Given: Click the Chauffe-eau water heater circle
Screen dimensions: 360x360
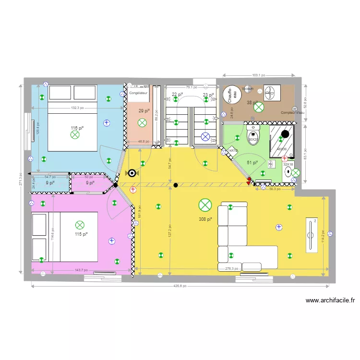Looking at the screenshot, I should (x=230, y=95).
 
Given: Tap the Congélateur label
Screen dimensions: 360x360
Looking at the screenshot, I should (x=138, y=93).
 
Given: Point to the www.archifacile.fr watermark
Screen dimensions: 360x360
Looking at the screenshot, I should (x=330, y=301).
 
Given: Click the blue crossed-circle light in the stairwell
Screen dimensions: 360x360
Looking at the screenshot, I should (x=205, y=137).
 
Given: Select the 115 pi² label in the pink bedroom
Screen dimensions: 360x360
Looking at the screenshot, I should (x=81, y=234).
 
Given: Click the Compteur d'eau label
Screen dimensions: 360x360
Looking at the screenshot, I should (x=293, y=113).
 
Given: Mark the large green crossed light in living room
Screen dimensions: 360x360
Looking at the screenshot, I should (x=205, y=205).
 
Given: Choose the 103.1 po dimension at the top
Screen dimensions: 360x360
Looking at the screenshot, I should (x=259, y=75).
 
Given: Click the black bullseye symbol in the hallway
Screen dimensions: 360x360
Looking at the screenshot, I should (x=132, y=173).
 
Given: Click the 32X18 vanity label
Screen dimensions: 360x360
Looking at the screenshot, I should (x=288, y=164).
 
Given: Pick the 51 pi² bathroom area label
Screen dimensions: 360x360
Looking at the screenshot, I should (x=252, y=162).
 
